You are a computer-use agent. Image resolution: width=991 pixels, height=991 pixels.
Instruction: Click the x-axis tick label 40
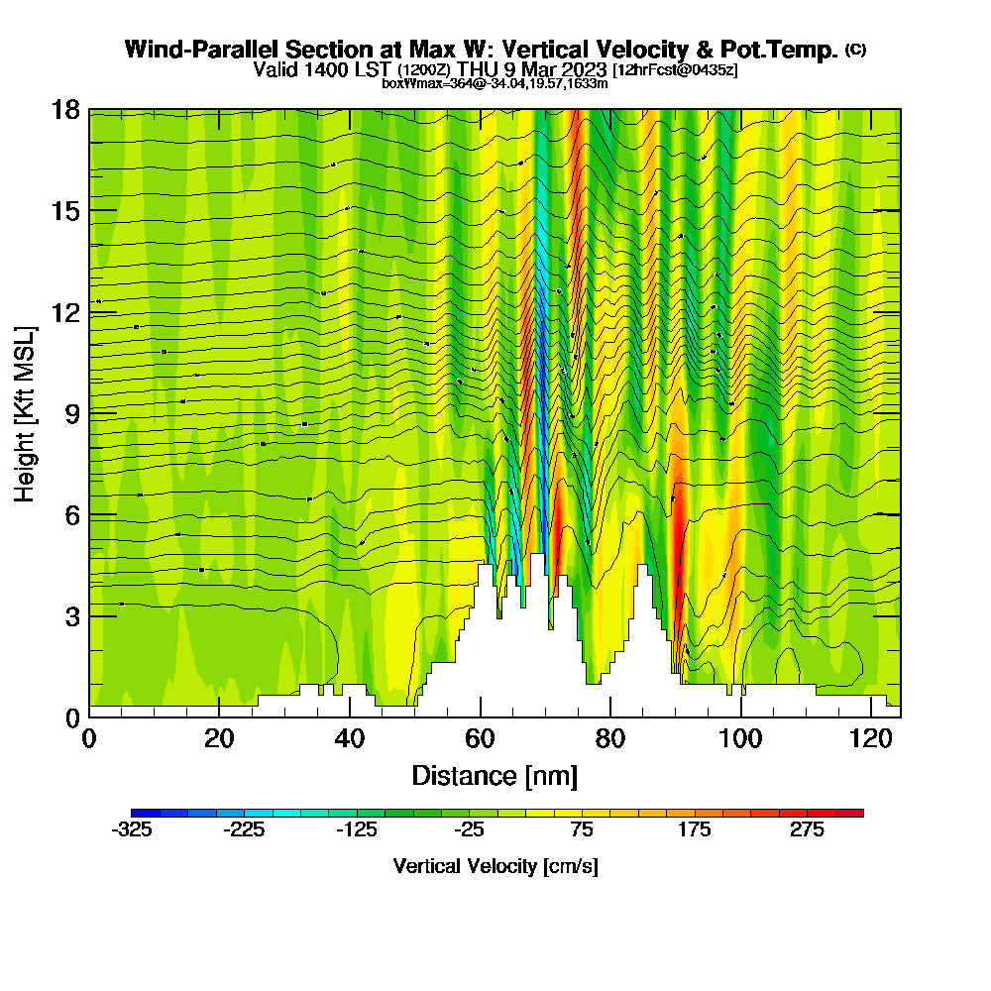coord(350,739)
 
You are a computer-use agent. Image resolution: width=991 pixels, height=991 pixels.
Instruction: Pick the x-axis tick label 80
coord(610,739)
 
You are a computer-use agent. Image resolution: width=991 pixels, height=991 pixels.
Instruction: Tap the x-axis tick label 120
coord(869,739)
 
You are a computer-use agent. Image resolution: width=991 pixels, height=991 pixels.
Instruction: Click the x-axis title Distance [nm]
coord(495,775)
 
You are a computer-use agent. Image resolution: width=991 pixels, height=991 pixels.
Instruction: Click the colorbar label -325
coord(132,831)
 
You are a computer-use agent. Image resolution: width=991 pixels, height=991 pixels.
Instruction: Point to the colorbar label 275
coord(807,831)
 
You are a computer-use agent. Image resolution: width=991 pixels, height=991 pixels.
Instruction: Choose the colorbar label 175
coord(695,831)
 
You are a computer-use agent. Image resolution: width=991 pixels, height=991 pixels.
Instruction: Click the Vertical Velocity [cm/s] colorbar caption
coord(495,867)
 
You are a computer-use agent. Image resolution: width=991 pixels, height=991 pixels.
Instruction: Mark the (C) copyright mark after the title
coord(855,50)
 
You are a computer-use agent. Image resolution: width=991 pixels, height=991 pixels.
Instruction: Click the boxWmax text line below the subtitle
coord(495,83)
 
